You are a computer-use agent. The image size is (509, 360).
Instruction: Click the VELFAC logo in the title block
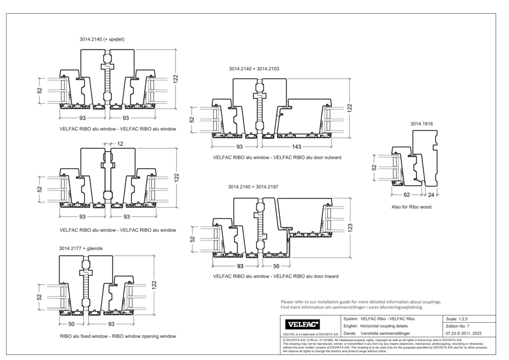pos(303,324)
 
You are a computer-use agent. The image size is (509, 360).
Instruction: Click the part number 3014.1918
pos(421,124)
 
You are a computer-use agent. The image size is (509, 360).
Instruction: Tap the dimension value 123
pos(350,228)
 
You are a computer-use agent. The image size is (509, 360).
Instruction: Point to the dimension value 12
pos(120,144)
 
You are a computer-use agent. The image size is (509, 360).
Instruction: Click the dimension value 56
pos(276,266)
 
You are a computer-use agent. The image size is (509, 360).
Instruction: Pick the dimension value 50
pos(71,324)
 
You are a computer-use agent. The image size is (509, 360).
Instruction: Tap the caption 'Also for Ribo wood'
pos(411,207)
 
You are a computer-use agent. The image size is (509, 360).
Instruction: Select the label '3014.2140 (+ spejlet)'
pos(102,39)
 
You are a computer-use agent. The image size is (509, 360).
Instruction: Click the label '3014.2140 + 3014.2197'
pos(253,187)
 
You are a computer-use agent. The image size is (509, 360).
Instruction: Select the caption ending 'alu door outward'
pos(277,158)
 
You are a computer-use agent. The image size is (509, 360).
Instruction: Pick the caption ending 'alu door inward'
pos(275,276)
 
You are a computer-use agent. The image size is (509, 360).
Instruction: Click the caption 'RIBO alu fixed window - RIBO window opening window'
pos(118,336)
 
